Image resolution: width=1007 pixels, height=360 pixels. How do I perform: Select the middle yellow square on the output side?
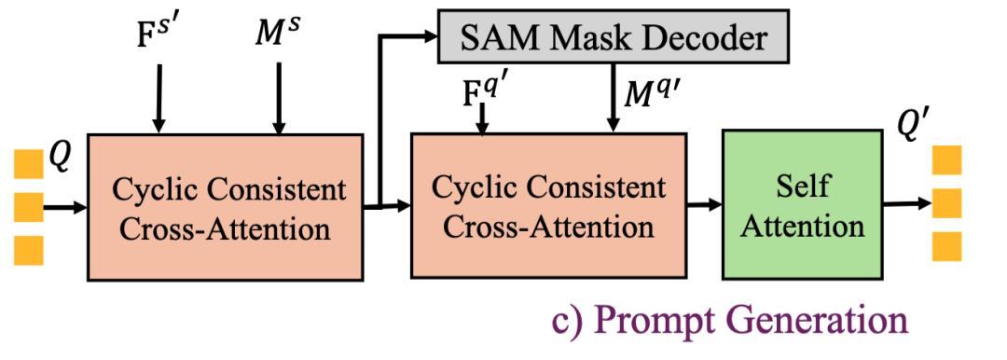pyautogui.click(x=946, y=202)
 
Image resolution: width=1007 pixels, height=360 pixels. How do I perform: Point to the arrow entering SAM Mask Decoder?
pyautogui.click(x=410, y=38)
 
